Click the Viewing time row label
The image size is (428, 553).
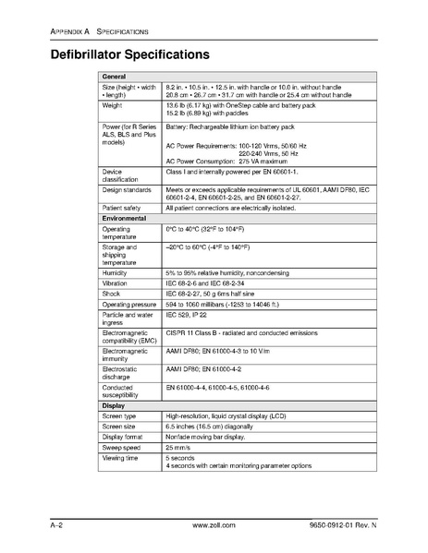[x=120, y=458]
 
